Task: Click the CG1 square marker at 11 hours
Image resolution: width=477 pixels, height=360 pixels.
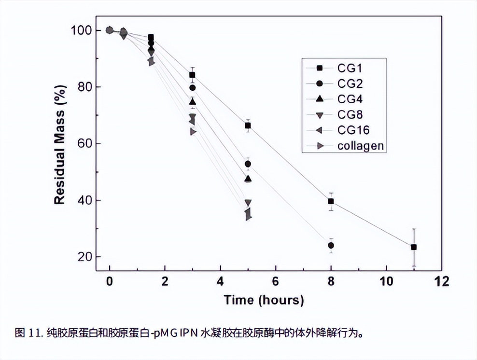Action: coord(413,247)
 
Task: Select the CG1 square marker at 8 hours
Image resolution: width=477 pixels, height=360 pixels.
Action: coord(331,201)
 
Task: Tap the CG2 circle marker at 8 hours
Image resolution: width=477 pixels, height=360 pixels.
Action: coord(331,245)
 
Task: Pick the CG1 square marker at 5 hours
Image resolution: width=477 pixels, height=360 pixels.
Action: coord(248,125)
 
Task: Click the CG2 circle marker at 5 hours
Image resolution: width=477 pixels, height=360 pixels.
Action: coord(248,164)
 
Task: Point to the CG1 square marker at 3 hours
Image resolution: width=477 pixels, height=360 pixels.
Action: coord(192,75)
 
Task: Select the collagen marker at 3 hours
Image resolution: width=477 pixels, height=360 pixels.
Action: coord(193,132)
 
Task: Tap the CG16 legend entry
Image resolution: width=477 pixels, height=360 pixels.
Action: coord(346,130)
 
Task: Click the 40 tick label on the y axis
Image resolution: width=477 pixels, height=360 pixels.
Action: coord(84,200)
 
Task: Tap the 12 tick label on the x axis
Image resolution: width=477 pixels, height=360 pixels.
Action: coord(441,281)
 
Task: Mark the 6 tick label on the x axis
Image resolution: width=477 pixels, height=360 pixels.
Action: coord(275,281)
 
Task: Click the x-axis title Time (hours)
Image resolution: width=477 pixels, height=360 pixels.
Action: coord(264,300)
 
